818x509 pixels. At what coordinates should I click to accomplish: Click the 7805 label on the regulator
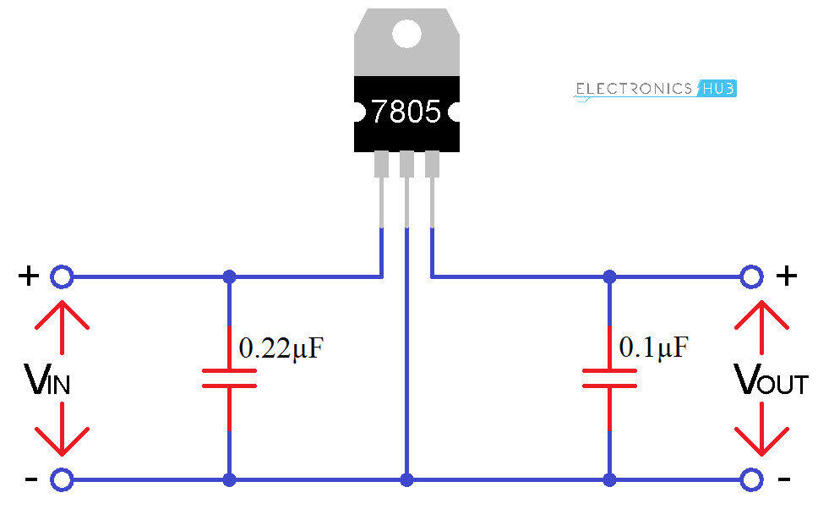tap(406, 112)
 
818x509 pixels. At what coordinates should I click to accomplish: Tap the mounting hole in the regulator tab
tap(406, 34)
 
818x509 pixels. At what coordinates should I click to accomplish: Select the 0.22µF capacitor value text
tap(281, 348)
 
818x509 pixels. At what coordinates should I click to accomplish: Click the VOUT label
tap(771, 381)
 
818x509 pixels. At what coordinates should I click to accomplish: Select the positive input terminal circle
tap(61, 276)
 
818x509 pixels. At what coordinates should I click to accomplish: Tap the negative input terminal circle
tap(61, 479)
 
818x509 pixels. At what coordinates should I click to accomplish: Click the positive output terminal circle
tap(750, 276)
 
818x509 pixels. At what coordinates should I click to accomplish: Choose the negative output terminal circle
tap(750, 479)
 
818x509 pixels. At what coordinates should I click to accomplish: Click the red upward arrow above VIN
tap(62, 325)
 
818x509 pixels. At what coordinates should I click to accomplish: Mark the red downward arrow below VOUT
tap(761, 430)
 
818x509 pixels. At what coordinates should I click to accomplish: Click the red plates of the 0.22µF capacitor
tap(228, 379)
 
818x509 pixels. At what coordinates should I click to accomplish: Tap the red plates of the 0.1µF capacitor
tap(609, 379)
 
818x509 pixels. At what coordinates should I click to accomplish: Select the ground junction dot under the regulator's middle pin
tap(406, 479)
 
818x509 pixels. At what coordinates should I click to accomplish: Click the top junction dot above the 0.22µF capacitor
tap(228, 276)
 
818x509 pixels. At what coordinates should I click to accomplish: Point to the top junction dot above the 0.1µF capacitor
tap(609, 276)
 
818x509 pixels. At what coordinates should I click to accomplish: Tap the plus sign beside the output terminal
tap(786, 276)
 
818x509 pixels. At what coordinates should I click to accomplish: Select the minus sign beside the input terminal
tap(30, 479)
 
